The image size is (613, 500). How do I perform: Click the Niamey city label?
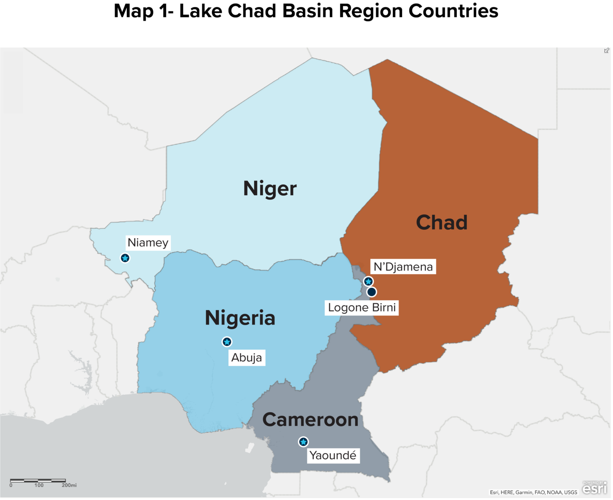click(x=148, y=242)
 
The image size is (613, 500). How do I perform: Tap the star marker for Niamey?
click(x=125, y=258)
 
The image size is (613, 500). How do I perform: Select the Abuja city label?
click(x=247, y=358)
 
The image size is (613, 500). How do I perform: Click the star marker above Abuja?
click(x=227, y=342)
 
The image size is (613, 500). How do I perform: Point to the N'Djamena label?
click(x=403, y=267)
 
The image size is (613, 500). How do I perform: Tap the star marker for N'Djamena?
click(x=368, y=281)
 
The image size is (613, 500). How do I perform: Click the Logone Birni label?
click(x=362, y=308)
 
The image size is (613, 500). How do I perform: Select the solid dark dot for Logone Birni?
click(x=372, y=292)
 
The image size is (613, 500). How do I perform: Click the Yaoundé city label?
click(x=333, y=455)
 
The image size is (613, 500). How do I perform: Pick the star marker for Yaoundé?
click(x=303, y=442)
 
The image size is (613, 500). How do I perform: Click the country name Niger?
click(x=270, y=188)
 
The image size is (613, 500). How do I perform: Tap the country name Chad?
click(x=442, y=222)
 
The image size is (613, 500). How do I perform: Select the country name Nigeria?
click(x=240, y=318)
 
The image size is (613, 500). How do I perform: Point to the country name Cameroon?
click(x=310, y=419)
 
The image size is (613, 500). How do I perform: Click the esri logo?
click(x=594, y=488)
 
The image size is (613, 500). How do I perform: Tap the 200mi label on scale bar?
click(x=69, y=485)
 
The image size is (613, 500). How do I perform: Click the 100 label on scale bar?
click(x=39, y=485)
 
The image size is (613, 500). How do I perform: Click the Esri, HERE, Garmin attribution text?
click(x=533, y=492)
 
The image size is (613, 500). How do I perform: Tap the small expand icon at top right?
click(x=606, y=50)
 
